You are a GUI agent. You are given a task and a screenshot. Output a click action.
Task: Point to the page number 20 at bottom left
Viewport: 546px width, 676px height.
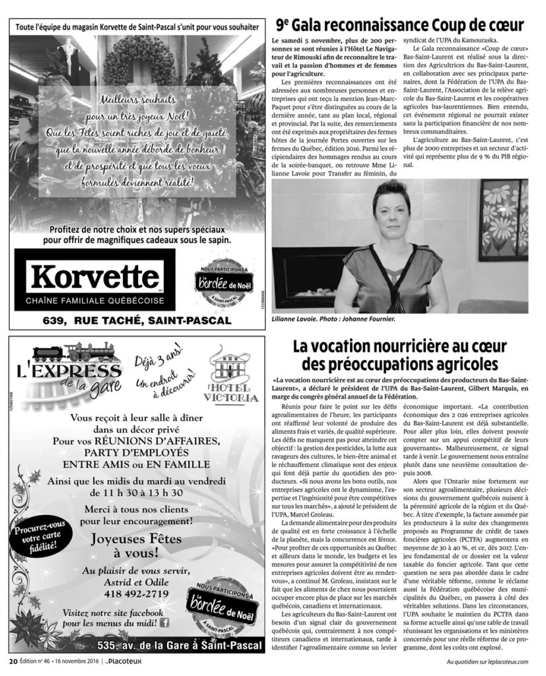tap(13, 661)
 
